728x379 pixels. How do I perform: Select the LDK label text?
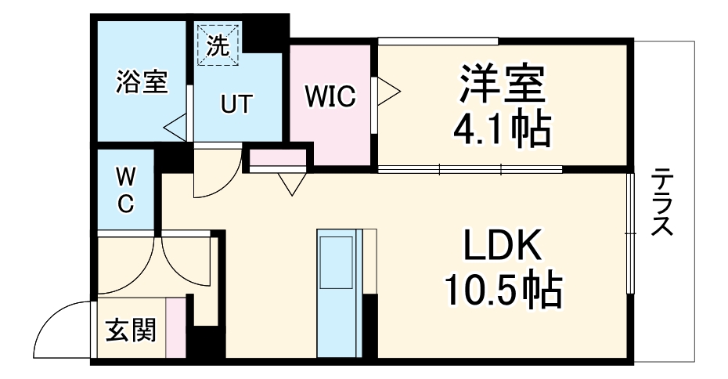click(x=503, y=248)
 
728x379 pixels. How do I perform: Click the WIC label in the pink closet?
click(x=330, y=98)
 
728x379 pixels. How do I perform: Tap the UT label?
click(x=236, y=104)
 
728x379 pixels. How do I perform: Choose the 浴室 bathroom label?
click(x=142, y=82)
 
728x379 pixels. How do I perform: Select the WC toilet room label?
click(x=125, y=190)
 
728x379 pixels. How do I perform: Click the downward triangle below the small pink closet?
click(x=290, y=183)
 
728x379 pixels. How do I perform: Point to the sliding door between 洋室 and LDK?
click(x=470, y=168)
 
